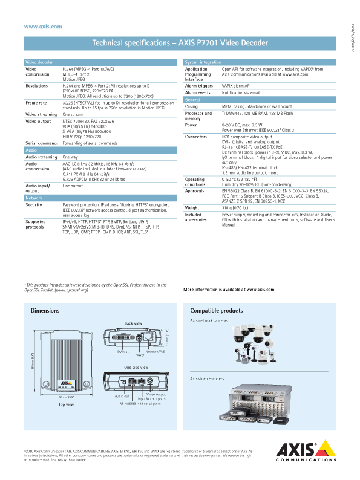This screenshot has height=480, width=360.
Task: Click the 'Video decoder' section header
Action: coord(38,62)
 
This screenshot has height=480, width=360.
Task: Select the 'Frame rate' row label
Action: coord(36,103)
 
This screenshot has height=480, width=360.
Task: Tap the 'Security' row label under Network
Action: coord(34,205)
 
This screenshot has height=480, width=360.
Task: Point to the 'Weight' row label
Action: coord(193,207)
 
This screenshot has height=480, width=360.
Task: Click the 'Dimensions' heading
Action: coord(45,310)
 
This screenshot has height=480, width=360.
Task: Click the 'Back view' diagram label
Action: coord(133,323)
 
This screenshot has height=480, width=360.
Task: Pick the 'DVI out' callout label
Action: coord(123,351)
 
